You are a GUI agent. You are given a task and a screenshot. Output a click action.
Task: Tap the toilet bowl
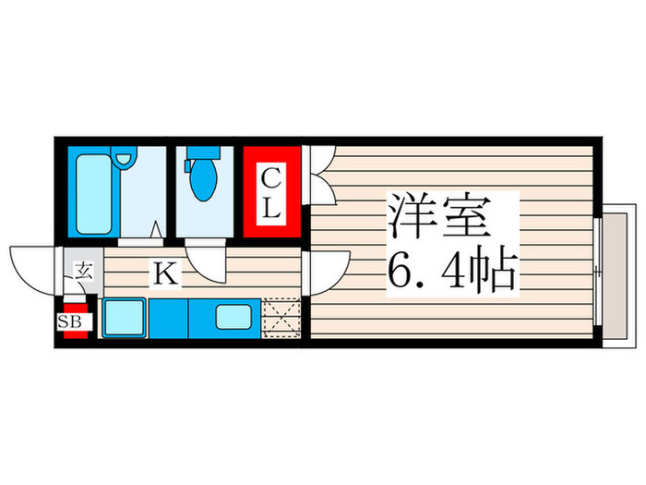click(201, 181)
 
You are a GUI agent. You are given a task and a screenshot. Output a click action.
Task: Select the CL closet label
click(270, 192)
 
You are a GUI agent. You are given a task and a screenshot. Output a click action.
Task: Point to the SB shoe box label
click(70, 321)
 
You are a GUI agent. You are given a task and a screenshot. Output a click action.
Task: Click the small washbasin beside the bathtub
click(124, 159)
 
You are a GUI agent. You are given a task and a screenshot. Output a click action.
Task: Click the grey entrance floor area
click(82, 273)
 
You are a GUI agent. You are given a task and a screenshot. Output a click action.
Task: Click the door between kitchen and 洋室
click(323, 272)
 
